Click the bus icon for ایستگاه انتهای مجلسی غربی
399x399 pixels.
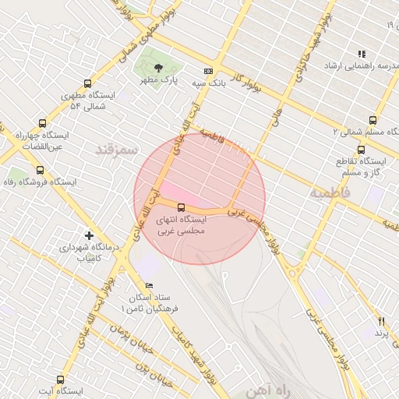[181, 207]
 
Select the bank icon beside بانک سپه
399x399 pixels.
[208, 71]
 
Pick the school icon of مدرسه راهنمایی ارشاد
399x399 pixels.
[362, 54]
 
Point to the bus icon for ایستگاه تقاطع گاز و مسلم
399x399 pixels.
[361, 149]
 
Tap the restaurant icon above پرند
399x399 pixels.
[382, 320]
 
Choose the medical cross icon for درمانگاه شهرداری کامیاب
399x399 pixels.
[90, 235]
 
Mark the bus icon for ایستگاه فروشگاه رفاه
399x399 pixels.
[40, 169]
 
